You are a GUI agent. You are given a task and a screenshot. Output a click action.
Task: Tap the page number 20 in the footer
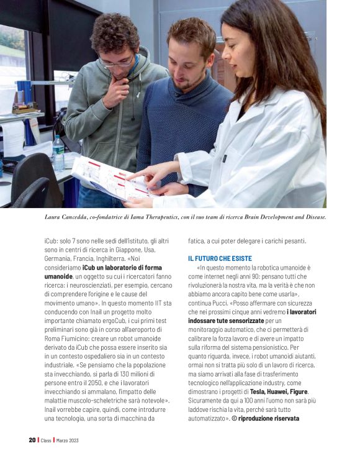tap(32, 440)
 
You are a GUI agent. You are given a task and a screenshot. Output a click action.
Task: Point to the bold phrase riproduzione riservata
tap(271, 418)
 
